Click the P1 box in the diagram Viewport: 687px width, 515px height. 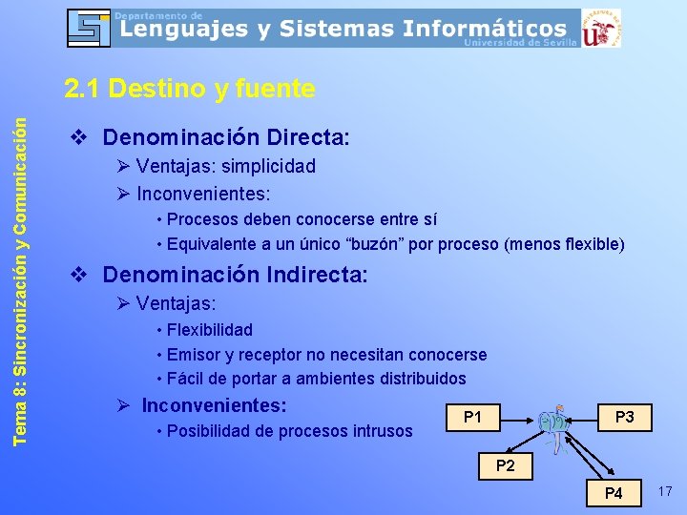coord(472,417)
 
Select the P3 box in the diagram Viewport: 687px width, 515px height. coord(625,417)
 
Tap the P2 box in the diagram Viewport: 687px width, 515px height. coord(505,466)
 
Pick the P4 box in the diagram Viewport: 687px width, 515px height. coord(614,493)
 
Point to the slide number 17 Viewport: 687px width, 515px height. coord(665,491)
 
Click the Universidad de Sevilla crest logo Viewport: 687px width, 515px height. coord(600,29)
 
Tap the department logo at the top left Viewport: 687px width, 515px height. coord(89,28)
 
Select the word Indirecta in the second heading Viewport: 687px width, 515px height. coord(319,276)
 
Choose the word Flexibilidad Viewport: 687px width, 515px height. coord(210,330)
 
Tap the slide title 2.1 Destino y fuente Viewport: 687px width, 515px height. coord(189,89)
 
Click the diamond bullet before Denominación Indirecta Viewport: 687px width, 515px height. coord(81,276)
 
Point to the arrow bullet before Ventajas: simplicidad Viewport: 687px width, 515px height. coord(123,166)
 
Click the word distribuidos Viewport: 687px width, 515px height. coord(423,379)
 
